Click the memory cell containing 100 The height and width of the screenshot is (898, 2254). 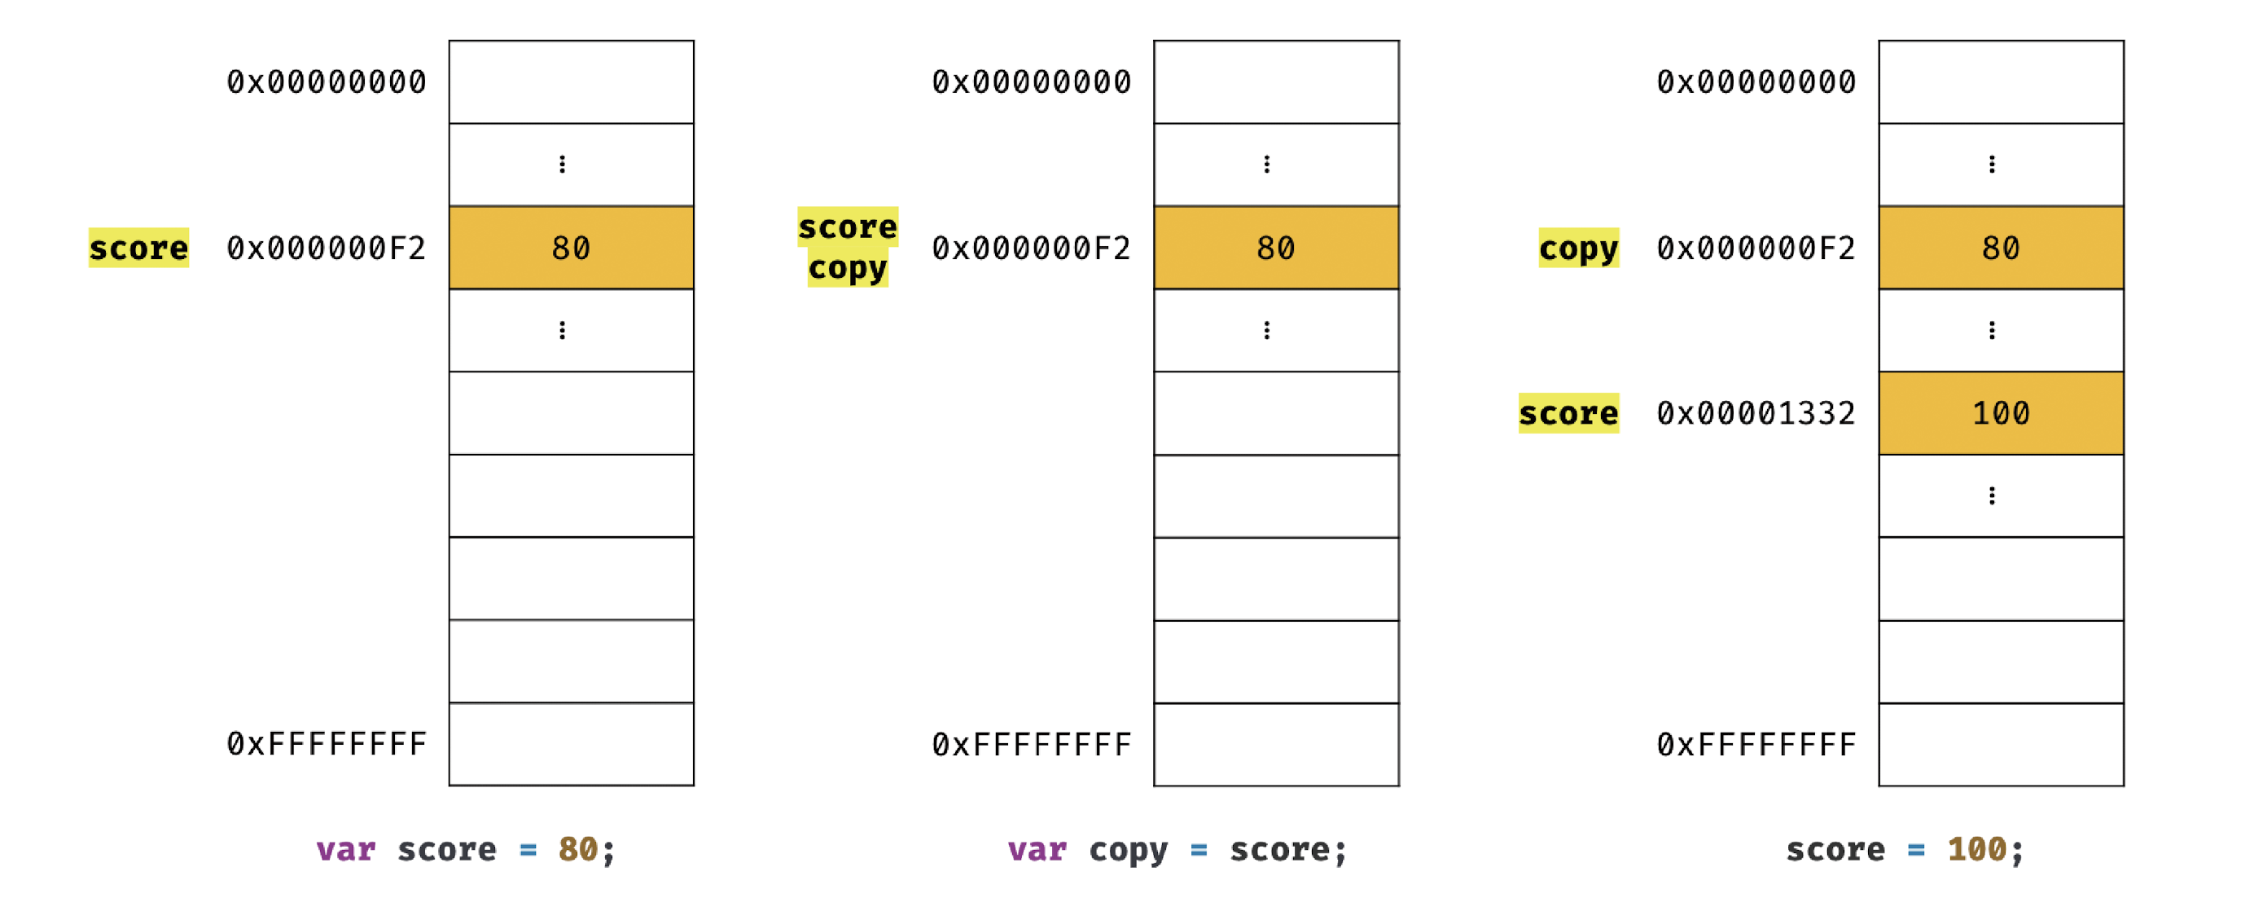tap(2000, 413)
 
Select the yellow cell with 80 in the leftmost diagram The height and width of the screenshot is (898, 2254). tap(571, 248)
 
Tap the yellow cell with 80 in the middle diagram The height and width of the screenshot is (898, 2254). tap(1276, 248)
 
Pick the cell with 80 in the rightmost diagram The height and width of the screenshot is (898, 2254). tap(2000, 248)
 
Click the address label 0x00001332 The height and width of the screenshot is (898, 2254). tap(1756, 413)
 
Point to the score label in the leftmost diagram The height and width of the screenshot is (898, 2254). tap(138, 248)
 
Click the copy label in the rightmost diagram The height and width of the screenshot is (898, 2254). tap(1578, 248)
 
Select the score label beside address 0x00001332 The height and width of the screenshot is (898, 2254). tap(1568, 413)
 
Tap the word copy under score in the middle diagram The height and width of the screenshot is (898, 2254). tap(847, 269)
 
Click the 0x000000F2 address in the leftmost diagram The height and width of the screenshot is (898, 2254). tap(326, 248)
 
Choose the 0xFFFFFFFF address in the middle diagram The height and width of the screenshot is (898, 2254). tap(1031, 745)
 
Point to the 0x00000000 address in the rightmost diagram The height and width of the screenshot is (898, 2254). tap(1756, 82)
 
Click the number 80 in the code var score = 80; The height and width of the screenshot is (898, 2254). tap(577, 849)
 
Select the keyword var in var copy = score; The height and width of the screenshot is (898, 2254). tap(1037, 849)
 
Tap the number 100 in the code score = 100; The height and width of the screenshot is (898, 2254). tap(1976, 849)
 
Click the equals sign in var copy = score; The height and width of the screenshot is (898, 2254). tap(1199, 849)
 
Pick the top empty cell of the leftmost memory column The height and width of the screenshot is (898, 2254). tap(571, 82)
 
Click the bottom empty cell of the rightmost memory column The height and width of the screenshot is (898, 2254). tap(2000, 745)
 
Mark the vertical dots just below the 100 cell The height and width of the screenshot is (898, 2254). tap(1992, 496)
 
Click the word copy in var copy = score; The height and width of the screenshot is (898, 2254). tap(1128, 849)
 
